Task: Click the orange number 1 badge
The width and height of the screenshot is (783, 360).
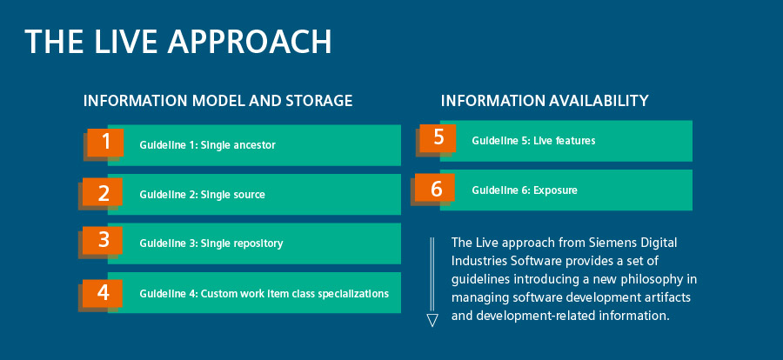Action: [x=105, y=143]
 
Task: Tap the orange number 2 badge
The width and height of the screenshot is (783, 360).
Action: [x=103, y=191]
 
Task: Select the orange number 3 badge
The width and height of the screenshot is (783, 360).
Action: [x=103, y=240]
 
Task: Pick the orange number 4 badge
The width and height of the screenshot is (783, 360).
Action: [x=103, y=292]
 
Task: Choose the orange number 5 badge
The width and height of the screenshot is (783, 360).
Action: [x=438, y=137]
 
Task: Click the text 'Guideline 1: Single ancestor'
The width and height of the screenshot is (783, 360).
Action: [x=207, y=145]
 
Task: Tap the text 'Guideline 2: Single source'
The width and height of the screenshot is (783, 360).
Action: [x=202, y=194]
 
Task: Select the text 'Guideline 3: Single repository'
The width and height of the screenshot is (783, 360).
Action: [x=211, y=243]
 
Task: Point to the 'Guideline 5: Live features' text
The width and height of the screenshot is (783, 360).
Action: [x=533, y=141]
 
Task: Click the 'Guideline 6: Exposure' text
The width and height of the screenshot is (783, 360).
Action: [x=525, y=190]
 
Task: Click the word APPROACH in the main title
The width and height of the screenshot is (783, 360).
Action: [x=249, y=42]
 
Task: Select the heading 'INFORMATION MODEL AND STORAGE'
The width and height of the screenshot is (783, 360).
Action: [x=217, y=101]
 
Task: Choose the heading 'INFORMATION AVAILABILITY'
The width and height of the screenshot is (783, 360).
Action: [x=545, y=101]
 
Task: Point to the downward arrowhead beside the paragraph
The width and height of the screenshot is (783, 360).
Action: [x=432, y=320]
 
